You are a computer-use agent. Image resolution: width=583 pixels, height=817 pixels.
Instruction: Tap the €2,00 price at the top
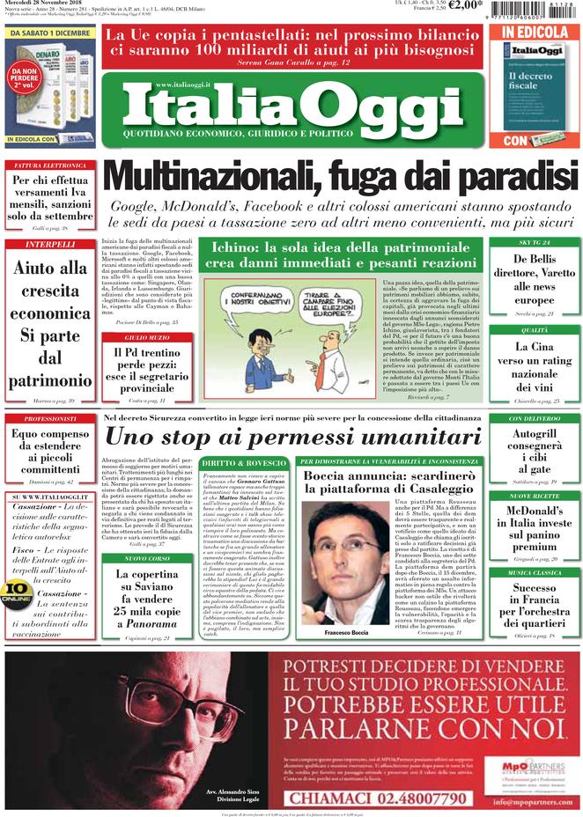point(466,5)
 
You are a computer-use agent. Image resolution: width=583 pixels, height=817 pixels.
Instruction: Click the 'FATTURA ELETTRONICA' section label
point(49,165)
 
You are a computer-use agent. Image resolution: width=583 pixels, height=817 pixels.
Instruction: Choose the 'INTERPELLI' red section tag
point(49,244)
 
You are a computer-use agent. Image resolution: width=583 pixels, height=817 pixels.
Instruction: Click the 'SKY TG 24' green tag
point(533,242)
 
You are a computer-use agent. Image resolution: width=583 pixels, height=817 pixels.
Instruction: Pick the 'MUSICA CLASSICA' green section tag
point(533,573)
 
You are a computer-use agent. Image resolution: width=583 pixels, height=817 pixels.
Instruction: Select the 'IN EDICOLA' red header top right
point(535,33)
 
